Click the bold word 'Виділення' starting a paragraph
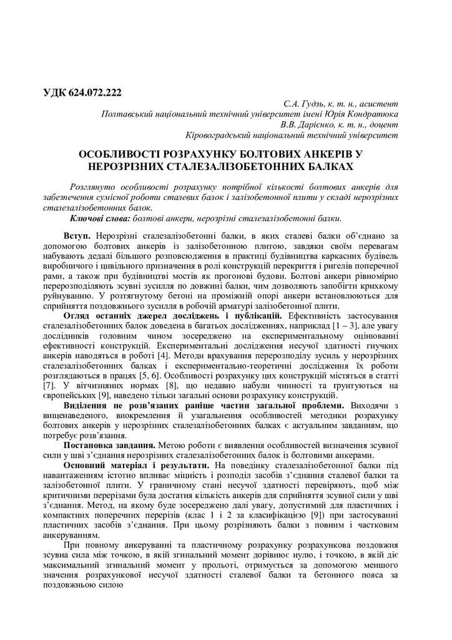(89, 406)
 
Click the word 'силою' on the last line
(111, 587)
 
